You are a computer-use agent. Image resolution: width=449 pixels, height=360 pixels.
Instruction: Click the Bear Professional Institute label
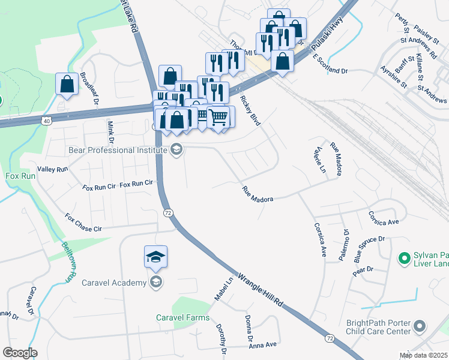click(x=119, y=150)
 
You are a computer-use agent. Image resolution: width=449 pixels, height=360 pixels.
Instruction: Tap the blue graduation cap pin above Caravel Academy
click(x=155, y=257)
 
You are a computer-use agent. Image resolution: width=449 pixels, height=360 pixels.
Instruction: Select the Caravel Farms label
click(x=183, y=317)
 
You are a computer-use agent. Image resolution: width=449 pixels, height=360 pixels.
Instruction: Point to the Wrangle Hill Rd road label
click(x=260, y=290)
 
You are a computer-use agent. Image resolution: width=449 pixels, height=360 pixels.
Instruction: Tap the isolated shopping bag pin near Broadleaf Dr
click(x=67, y=84)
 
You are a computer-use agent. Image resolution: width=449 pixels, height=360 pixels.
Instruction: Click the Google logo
click(x=19, y=353)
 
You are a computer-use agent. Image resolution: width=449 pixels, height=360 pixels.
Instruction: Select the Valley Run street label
click(x=53, y=170)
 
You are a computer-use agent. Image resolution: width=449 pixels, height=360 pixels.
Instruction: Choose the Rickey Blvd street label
click(x=250, y=110)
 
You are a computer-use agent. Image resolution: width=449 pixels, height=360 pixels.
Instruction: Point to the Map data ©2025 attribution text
click(x=423, y=355)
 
